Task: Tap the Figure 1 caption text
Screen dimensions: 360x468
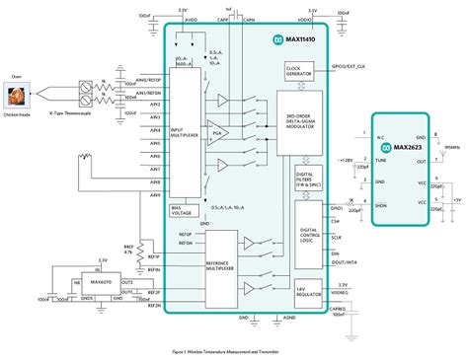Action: pyautogui.click(x=233, y=348)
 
